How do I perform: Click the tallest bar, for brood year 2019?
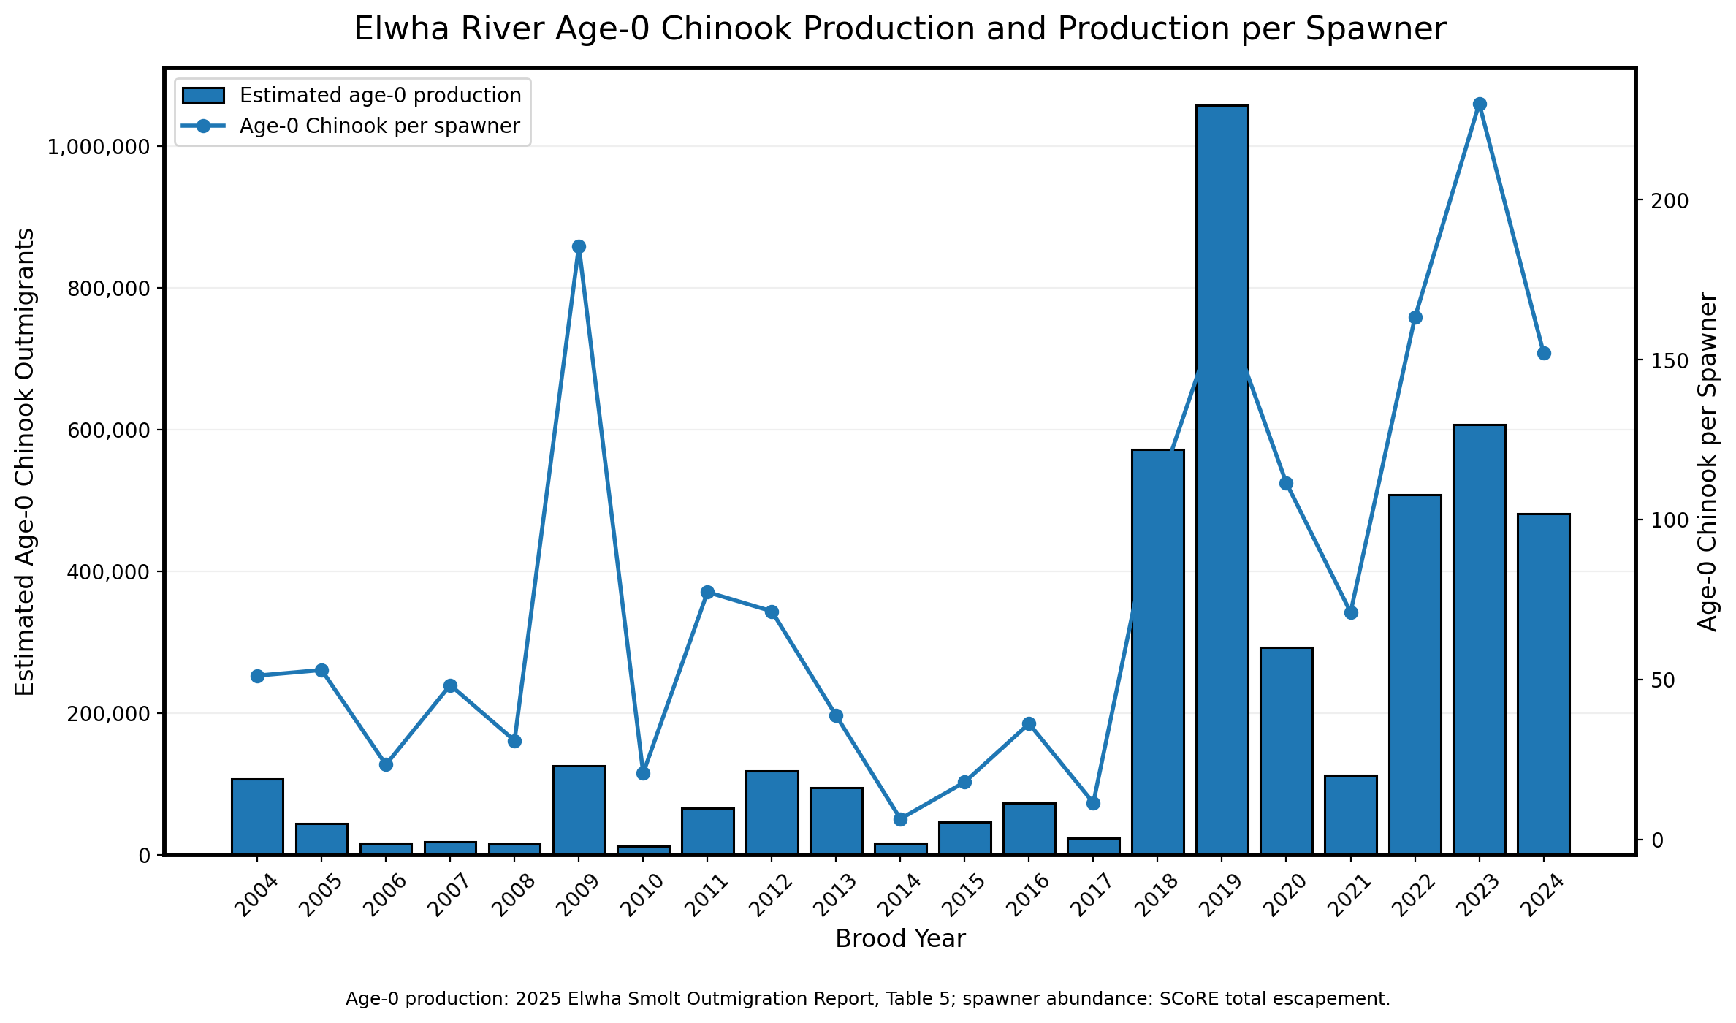tap(1222, 479)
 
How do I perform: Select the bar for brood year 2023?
tap(1479, 639)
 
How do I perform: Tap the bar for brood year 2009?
tap(579, 810)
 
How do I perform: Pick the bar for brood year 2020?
tap(1286, 750)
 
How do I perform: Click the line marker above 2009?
tap(579, 246)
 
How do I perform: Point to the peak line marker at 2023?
tap(1479, 104)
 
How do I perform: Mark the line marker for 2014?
tap(900, 819)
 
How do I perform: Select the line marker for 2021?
tap(1350, 612)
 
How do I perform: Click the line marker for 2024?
tap(1543, 353)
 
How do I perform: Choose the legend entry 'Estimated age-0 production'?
tap(351, 96)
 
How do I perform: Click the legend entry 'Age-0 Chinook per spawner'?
tap(351, 126)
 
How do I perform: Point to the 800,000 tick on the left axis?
tap(108, 289)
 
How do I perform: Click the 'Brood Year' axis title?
tap(900, 939)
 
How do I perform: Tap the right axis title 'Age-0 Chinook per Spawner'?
tap(1708, 461)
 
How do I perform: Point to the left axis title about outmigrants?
tap(25, 461)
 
